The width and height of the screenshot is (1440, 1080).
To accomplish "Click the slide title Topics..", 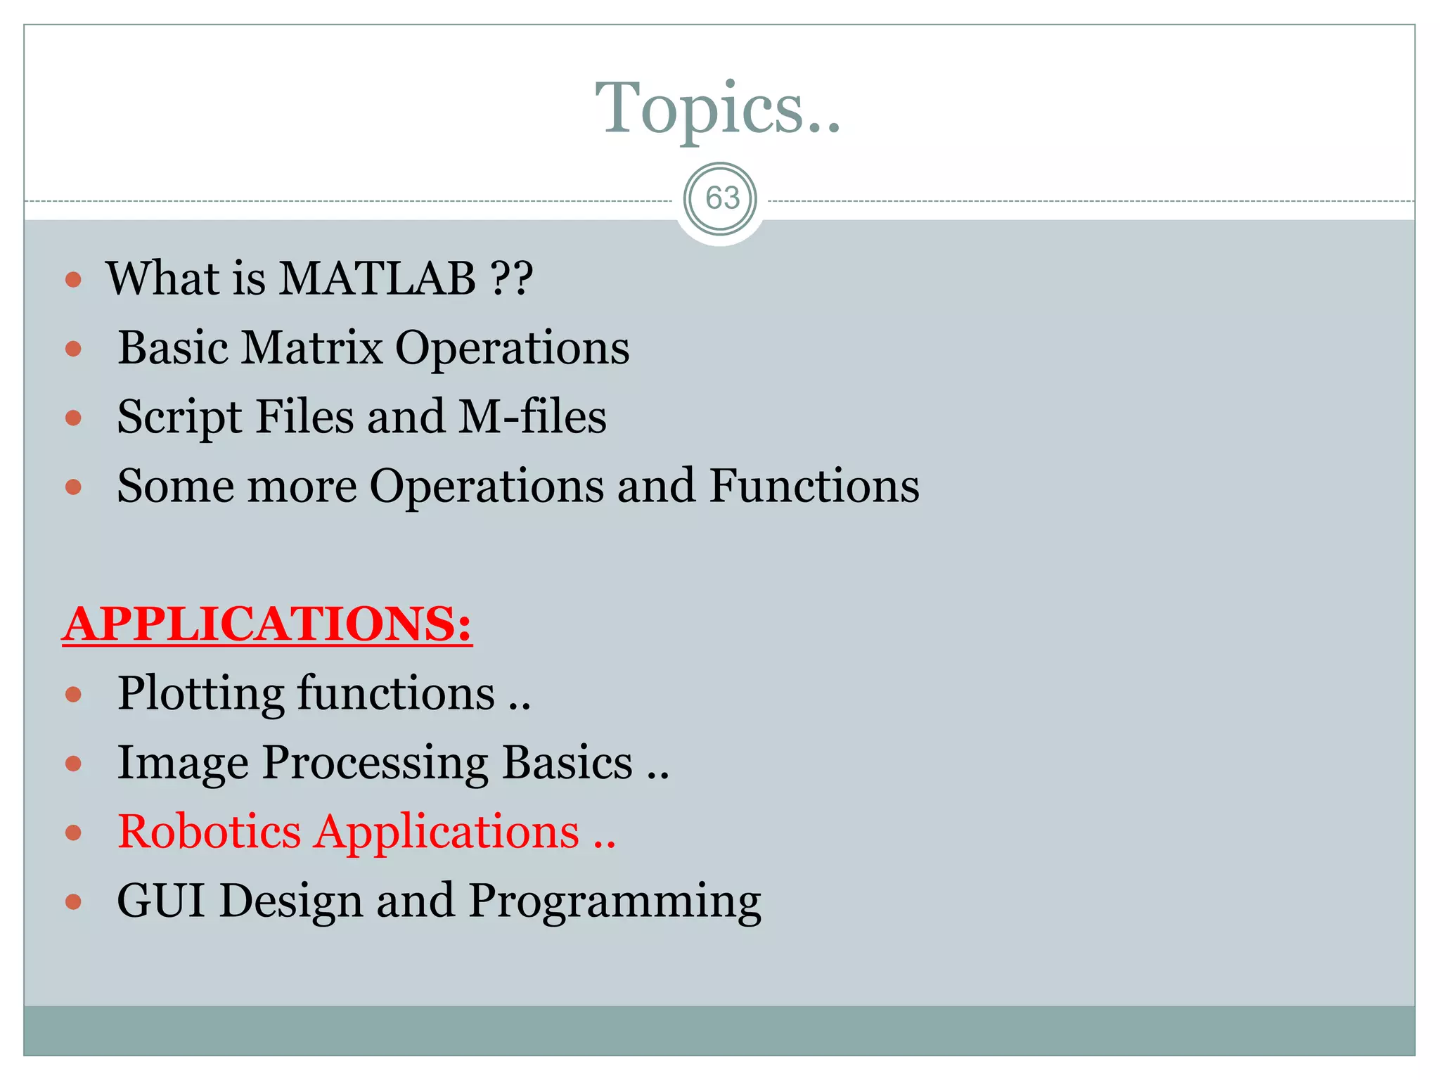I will pos(717,108).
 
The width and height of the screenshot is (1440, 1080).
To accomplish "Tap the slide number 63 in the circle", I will pos(721,198).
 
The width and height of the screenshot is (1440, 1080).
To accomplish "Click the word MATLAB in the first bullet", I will pos(377,278).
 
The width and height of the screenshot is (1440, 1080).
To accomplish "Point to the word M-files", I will pos(532,416).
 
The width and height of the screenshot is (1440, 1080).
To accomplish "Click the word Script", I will pos(179,418).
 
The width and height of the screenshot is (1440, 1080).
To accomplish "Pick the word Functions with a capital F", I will pos(814,486).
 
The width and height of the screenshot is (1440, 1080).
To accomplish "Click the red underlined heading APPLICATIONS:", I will pos(267,624).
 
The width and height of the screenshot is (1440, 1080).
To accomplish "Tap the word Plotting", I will pos(200,694).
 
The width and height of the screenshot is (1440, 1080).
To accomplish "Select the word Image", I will pos(183,764).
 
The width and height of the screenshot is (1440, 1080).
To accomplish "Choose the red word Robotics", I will pos(209,832).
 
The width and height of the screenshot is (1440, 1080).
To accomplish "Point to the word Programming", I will pos(614,902).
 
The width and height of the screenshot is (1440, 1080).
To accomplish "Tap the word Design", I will pos(290,902).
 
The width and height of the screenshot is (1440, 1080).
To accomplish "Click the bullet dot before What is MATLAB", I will pos(73,280).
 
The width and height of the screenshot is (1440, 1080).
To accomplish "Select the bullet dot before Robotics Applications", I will pos(73,833).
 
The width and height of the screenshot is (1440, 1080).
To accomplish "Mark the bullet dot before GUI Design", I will pos(73,902).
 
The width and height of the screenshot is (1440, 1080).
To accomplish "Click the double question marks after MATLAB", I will pos(511,278).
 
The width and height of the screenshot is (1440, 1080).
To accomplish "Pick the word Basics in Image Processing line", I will pos(567,764).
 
